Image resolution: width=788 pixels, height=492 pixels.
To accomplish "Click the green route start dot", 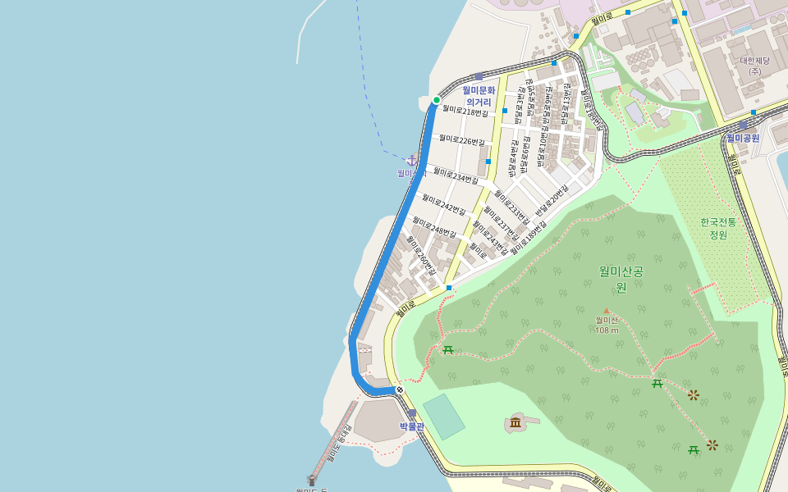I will click(x=437, y=100).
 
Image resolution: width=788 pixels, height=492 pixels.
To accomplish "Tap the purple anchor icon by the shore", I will click(x=412, y=159).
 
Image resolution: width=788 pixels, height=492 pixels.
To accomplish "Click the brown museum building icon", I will click(x=515, y=422).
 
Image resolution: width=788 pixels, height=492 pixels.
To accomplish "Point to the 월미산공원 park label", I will click(x=621, y=279).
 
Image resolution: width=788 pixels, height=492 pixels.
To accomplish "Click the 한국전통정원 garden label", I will click(x=718, y=228).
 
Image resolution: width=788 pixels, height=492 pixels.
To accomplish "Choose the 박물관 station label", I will click(x=412, y=426).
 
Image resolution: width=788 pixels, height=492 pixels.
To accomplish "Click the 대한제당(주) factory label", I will click(x=754, y=66).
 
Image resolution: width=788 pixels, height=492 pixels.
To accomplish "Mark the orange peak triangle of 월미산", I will click(x=607, y=311).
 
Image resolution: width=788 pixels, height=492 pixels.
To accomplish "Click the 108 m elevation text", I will click(x=607, y=330).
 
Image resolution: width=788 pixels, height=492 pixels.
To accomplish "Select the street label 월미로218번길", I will click(x=465, y=111).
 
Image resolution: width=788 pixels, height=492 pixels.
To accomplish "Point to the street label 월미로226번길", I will click(x=461, y=140).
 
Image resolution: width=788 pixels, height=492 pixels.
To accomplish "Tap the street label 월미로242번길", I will click(x=443, y=203).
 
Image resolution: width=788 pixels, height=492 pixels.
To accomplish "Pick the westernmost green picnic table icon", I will click(x=448, y=350).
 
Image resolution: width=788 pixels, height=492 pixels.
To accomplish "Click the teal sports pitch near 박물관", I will click(x=443, y=417).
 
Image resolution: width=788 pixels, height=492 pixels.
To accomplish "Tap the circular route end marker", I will click(x=399, y=389).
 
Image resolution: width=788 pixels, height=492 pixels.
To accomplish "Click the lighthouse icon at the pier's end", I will click(x=312, y=480).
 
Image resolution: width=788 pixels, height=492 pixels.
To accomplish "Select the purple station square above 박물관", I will click(x=411, y=413).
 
